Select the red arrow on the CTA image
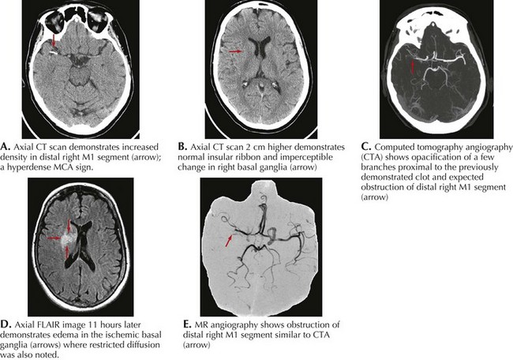[x=411, y=69]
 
